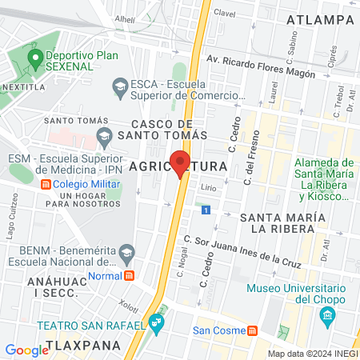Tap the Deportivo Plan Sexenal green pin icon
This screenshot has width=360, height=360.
[x=34, y=58]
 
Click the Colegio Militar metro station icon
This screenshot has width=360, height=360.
[x=46, y=184]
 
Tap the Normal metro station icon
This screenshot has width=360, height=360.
[x=129, y=276]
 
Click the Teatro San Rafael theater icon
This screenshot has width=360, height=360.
[x=156, y=326]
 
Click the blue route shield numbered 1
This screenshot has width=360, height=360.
[x=206, y=210]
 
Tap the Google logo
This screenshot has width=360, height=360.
[x=26, y=350]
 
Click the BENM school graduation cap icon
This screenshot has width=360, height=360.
[x=126, y=253]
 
